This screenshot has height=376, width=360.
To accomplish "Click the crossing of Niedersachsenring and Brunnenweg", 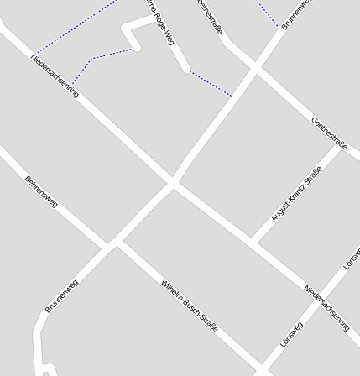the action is pyautogui.click(x=173, y=181).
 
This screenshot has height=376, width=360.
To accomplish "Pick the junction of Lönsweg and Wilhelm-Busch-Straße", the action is pyautogui.click(x=263, y=369).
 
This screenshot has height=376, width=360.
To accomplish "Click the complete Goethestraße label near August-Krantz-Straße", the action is pyautogui.click(x=330, y=133).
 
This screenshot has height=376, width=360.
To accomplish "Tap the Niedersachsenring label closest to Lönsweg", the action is pyautogui.click(x=326, y=306).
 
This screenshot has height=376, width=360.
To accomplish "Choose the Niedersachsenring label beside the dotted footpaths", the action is pyautogui.click(x=55, y=76).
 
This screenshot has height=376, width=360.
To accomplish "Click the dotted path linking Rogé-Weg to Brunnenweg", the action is pyautogui.click(x=210, y=84).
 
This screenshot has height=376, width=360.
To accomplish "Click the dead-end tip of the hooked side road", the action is pyautogui.click(x=137, y=48).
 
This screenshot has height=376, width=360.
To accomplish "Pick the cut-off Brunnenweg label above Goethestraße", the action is pyautogui.click(x=297, y=13).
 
